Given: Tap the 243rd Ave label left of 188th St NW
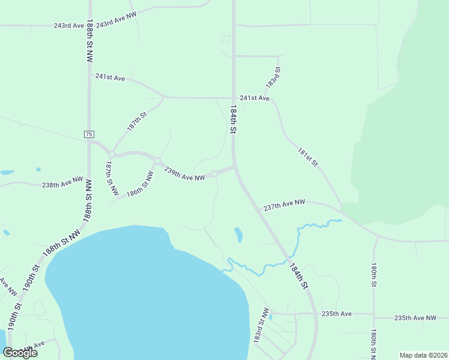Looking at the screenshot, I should point(68,26).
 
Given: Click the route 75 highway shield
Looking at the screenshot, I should point(89,134).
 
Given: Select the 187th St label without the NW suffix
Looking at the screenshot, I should point(136,122).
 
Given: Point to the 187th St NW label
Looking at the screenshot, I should point(112,178).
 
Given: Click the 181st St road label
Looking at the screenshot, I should point(307,157).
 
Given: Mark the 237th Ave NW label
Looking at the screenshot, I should point(285,205).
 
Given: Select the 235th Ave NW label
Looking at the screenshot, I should point(415,318).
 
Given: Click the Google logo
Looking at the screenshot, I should point(20,353).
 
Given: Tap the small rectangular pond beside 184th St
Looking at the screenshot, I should point(238,235).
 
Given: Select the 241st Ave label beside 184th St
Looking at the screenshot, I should point(255,98).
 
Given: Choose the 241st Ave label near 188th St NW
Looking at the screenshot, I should point(110,78).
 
